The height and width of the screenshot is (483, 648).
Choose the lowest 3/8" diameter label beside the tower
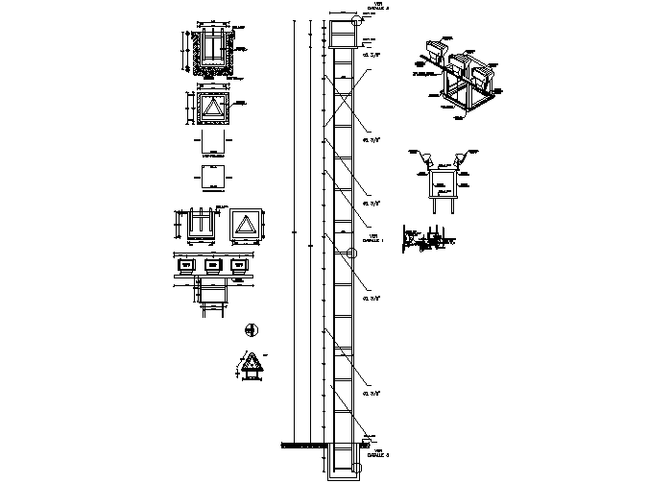371,395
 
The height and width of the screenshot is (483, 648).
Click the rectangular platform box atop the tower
341,34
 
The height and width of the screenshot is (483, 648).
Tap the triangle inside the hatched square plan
211,107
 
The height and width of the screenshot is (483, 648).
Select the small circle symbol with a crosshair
252,330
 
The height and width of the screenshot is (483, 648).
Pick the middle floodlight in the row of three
212,264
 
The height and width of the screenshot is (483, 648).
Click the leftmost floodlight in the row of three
186,264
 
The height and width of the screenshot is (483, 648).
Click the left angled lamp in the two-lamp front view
422,157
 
